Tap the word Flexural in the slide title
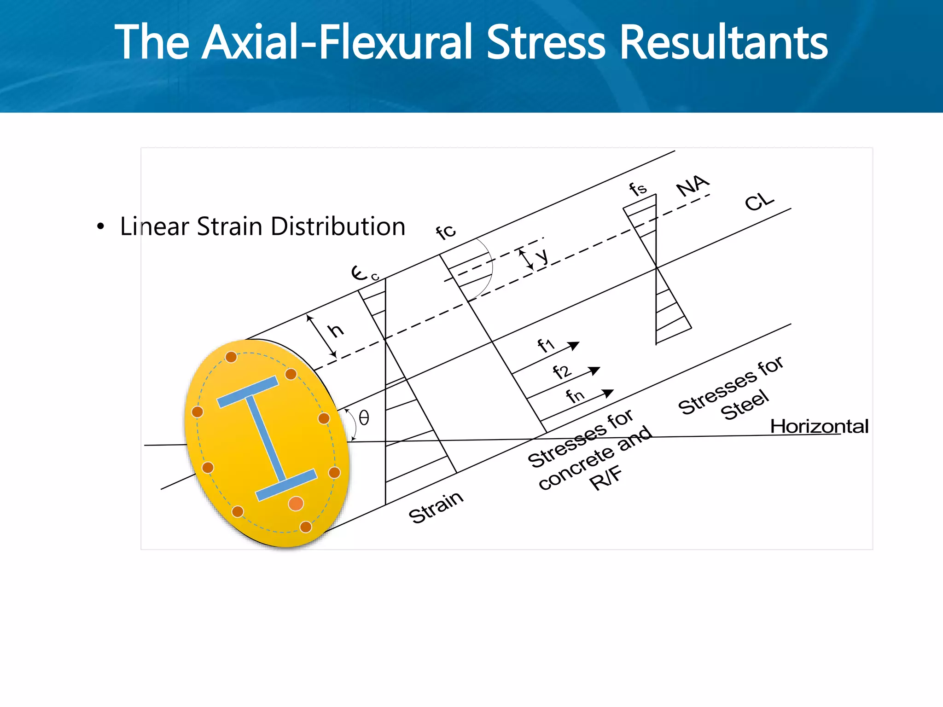pyautogui.click(x=396, y=42)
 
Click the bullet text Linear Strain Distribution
pyautogui.click(x=262, y=226)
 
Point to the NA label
pyautogui.click(x=693, y=185)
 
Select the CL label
pyautogui.click(x=759, y=202)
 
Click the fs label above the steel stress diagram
pyautogui.click(x=638, y=189)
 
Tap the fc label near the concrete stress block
pyautogui.click(x=446, y=232)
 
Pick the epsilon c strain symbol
pyautogui.click(x=364, y=273)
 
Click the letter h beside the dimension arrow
pyautogui.click(x=336, y=330)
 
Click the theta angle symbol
pyautogui.click(x=364, y=418)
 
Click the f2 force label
pyautogui.click(x=562, y=371)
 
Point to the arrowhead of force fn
pyautogui.click(x=608, y=393)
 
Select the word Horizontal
pyautogui.click(x=819, y=426)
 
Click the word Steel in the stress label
pyautogui.click(x=745, y=405)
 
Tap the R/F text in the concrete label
pyautogui.click(x=606, y=479)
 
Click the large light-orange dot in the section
pyautogui.click(x=296, y=504)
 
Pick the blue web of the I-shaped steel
pyautogui.click(x=266, y=438)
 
